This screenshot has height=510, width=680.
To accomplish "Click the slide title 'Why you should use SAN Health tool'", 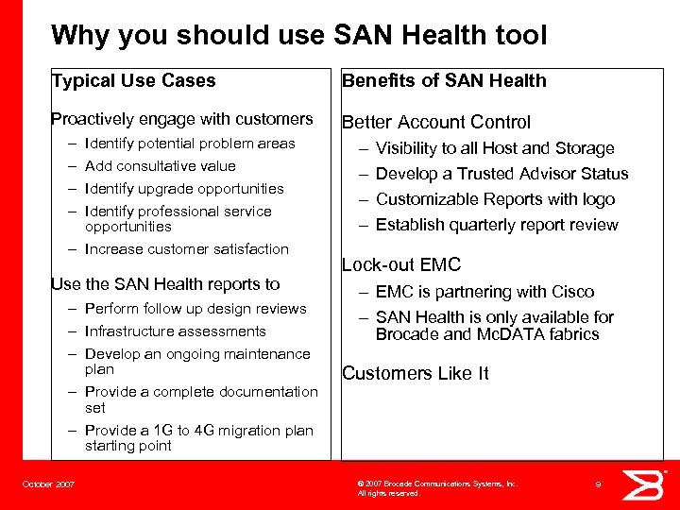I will pyautogui.click(x=298, y=36).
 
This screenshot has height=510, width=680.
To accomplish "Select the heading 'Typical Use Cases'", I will pyautogui.click(x=133, y=81).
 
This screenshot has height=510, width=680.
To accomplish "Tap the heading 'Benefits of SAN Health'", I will pyautogui.click(x=444, y=81).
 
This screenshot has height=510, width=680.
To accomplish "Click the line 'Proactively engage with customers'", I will pyautogui.click(x=181, y=119).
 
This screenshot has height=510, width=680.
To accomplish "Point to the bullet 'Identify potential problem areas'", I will pyautogui.click(x=190, y=144).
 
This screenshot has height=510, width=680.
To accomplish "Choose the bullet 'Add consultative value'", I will pyautogui.click(x=161, y=166).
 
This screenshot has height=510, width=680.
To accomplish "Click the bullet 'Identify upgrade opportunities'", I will pyautogui.click(x=184, y=189).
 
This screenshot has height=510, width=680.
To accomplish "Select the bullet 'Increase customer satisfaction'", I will pyautogui.click(x=186, y=249).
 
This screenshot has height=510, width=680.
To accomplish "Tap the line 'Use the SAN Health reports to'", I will pyautogui.click(x=165, y=284).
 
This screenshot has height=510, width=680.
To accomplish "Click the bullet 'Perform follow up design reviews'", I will pyautogui.click(x=195, y=309).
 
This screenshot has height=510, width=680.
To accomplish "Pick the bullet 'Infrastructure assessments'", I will pyautogui.click(x=175, y=331).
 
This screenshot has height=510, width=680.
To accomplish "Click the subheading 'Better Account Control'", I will pyautogui.click(x=436, y=122).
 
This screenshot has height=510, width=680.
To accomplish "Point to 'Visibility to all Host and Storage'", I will pyautogui.click(x=494, y=148).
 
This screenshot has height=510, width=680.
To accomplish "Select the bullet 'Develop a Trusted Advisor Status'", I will pyautogui.click(x=501, y=174).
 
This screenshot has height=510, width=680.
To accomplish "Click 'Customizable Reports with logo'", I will pyautogui.click(x=495, y=199).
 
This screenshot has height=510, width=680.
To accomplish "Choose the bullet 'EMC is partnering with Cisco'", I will pyautogui.click(x=484, y=292).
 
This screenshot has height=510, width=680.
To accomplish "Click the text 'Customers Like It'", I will pyautogui.click(x=415, y=373).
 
